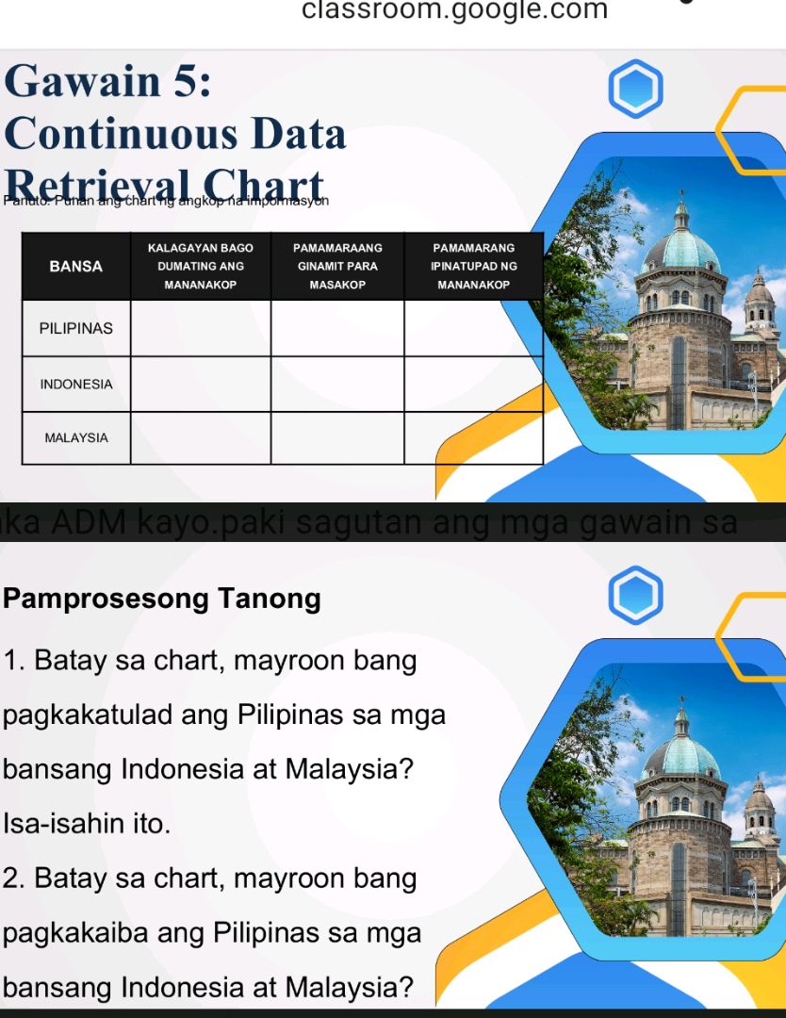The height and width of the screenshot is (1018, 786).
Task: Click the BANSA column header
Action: (76, 266)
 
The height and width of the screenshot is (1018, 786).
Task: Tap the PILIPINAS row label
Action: (76, 329)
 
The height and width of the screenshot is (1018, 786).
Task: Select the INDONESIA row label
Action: (76, 385)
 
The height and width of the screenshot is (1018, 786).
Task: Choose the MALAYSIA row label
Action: (76, 438)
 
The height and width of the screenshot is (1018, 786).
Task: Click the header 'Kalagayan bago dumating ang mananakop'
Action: (201, 266)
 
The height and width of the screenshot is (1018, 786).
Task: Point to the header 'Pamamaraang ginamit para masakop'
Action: (337, 266)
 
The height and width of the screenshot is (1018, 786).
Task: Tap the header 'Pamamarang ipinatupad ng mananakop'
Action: (473, 266)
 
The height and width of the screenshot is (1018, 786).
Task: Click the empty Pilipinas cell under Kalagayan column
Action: (201, 329)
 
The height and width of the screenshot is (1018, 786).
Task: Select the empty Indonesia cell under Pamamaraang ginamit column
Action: (337, 385)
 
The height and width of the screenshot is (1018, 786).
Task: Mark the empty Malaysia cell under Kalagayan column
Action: (201, 438)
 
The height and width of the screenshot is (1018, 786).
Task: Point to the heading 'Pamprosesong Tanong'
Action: (162, 599)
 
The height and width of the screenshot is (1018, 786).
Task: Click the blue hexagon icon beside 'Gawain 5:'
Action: (636, 89)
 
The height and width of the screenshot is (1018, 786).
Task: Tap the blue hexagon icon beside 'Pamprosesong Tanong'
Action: (636, 595)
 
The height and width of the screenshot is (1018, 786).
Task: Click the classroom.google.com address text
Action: (455, 10)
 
